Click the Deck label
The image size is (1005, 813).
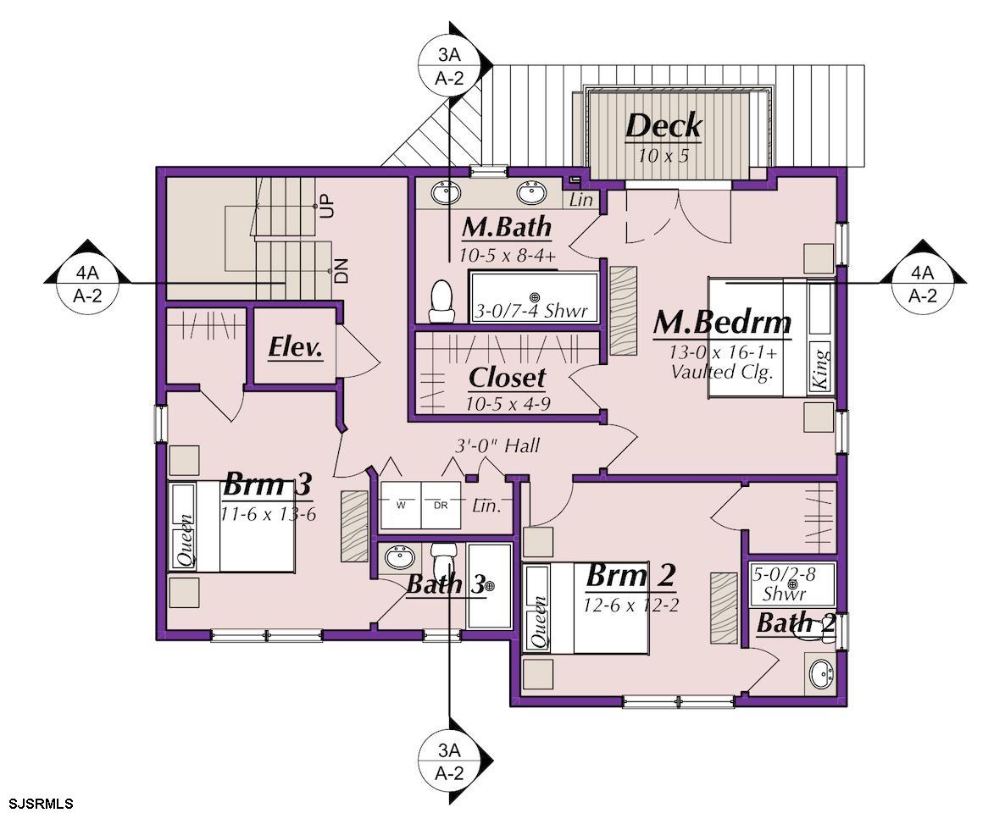[664, 125]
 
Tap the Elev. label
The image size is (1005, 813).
[295, 347]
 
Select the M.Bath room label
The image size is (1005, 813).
[507, 227]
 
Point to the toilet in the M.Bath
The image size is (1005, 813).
[441, 301]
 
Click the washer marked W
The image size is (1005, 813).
[401, 505]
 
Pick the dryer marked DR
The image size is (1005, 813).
[441, 505]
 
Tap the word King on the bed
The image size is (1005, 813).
[819, 366]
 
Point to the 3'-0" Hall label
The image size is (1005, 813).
[497, 445]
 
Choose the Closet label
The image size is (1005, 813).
[507, 378]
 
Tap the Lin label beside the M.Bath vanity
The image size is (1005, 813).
[580, 200]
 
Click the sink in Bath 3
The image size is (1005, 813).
[400, 556]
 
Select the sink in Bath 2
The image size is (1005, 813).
[820, 673]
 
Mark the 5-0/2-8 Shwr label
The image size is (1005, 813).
[784, 583]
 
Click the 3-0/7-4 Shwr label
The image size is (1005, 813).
[530, 312]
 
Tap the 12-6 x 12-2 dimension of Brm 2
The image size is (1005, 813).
[630, 605]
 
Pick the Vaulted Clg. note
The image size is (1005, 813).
[721, 372]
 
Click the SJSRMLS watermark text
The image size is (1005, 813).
[41, 804]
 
